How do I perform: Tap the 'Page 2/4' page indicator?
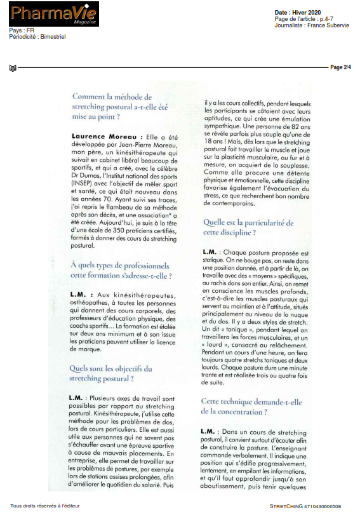click(340, 67)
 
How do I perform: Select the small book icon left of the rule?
click(12, 67)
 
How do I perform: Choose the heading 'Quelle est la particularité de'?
click(248, 223)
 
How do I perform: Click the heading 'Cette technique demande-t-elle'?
click(251, 401)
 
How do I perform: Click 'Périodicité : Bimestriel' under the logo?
click(37, 36)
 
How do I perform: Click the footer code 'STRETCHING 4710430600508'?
click(305, 506)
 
